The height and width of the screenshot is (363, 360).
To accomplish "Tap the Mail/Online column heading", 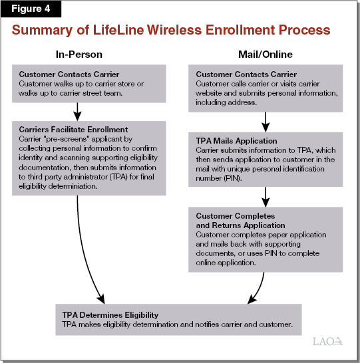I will tap(265, 54).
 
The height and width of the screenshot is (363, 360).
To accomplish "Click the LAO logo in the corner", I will tap(329, 342).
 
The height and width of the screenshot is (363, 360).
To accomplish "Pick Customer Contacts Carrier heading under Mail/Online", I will tap(246, 74).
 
